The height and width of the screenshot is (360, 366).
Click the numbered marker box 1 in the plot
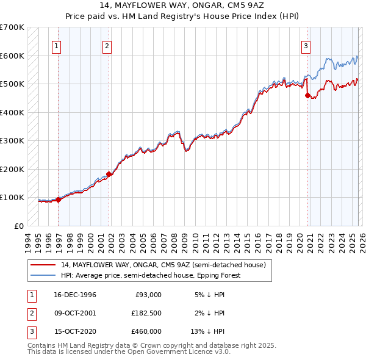click(x=57, y=45)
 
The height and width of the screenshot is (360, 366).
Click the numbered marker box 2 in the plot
click(x=107, y=45)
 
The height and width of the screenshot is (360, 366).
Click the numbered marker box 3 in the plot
click(x=306, y=45)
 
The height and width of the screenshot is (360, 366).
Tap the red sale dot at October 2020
click(x=307, y=95)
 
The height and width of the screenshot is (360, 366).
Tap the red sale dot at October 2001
click(x=109, y=174)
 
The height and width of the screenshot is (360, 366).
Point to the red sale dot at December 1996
click(x=59, y=200)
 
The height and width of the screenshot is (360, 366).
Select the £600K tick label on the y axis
click(x=12, y=56)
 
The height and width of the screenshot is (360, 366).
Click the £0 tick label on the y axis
click(x=18, y=226)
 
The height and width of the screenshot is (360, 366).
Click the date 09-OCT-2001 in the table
click(x=75, y=313)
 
